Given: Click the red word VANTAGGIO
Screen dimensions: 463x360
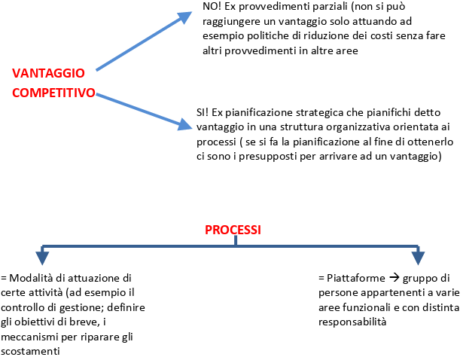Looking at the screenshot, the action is (48, 73).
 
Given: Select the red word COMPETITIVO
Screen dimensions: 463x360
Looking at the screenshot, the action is (53, 93).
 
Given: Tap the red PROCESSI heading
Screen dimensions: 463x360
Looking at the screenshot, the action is (233, 230).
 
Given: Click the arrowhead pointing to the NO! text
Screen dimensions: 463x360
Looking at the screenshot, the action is (185, 17).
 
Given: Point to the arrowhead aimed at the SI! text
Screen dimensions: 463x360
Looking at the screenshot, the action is (185, 124).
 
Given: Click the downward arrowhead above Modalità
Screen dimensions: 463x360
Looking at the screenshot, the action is (42, 258).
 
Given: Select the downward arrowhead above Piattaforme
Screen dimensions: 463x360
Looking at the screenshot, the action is (418, 258).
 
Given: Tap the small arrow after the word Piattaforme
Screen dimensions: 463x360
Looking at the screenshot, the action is (394, 278).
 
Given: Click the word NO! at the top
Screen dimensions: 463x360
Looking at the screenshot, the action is (212, 7).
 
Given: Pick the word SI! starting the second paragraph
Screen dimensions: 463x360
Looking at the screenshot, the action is (203, 112).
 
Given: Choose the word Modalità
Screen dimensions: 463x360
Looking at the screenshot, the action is (27, 278).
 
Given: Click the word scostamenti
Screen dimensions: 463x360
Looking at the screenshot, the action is (30, 352).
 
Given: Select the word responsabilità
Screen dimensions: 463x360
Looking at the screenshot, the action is (352, 322).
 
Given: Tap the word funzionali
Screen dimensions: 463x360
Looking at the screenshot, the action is (364, 307).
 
